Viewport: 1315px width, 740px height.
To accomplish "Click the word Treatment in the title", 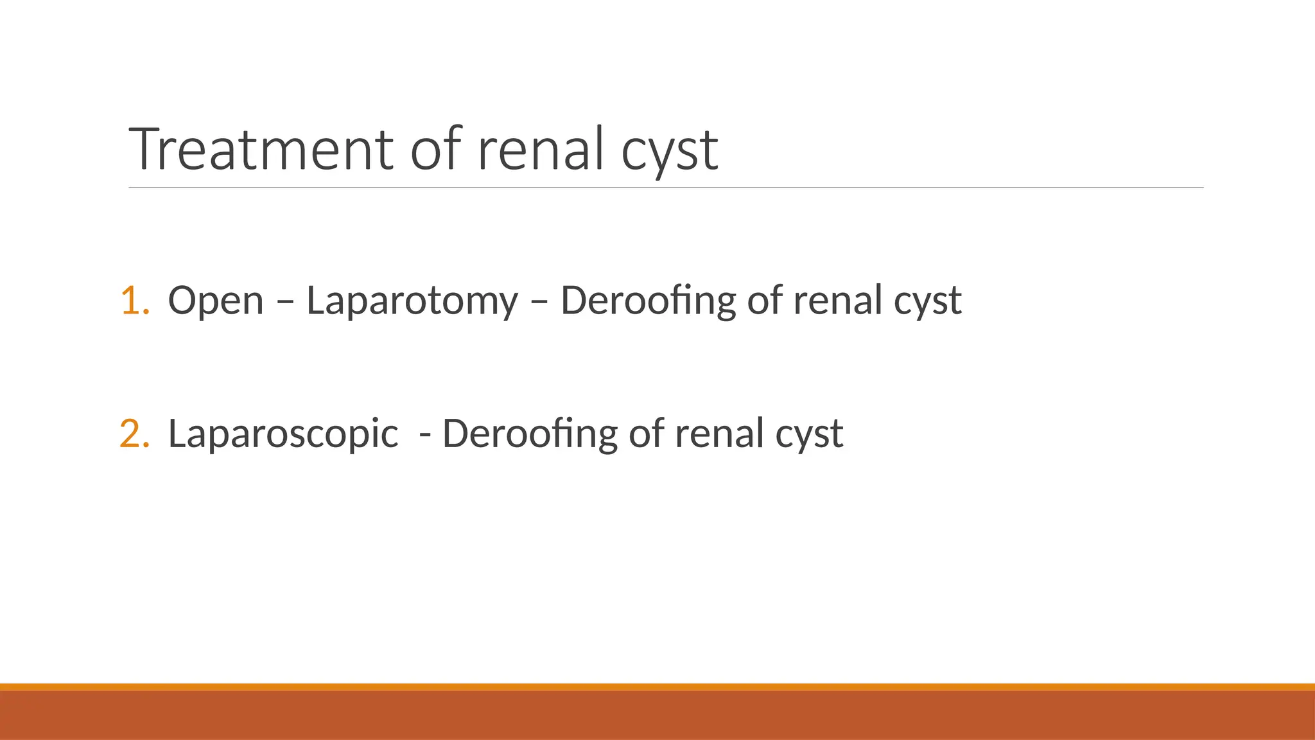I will click(261, 149).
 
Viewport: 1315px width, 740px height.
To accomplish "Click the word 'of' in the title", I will click(436, 149).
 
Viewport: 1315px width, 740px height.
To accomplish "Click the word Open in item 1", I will click(216, 301).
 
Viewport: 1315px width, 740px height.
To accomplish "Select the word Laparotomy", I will click(412, 301).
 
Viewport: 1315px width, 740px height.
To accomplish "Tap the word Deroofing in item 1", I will click(648, 301).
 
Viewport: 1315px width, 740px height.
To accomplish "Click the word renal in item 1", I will click(837, 301).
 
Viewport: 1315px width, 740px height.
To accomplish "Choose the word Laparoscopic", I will click(283, 434).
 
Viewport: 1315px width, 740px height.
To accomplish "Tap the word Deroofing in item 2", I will click(530, 434).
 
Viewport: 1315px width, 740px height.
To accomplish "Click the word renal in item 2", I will click(719, 434).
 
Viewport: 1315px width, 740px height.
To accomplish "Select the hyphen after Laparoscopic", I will click(424, 435).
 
